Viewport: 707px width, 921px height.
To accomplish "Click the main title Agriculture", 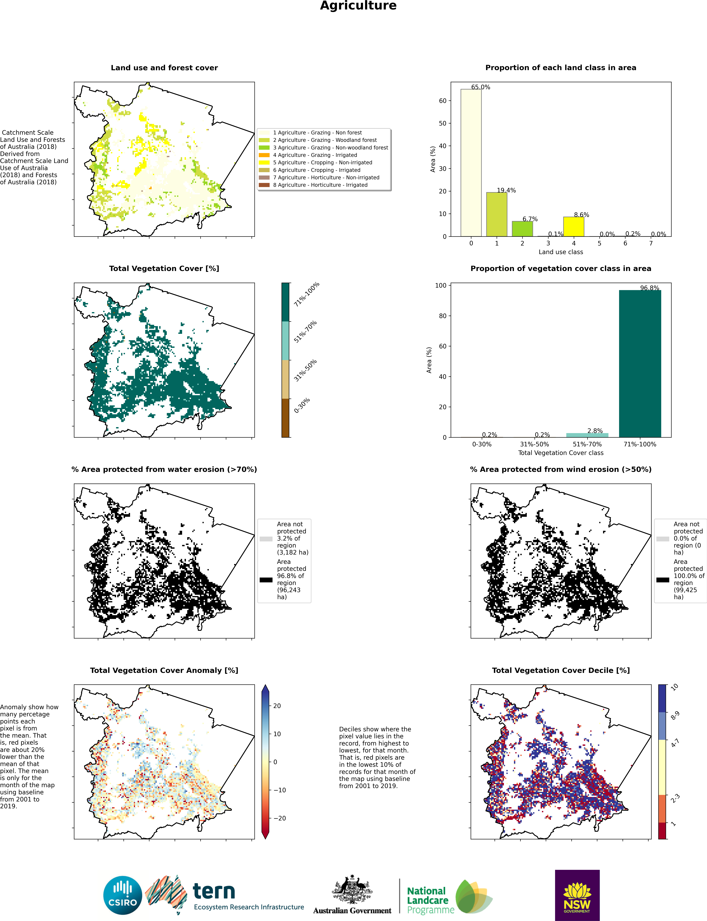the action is point(358,6).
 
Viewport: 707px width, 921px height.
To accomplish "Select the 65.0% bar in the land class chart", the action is point(471,163).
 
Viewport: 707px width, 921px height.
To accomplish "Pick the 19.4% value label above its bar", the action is point(506,190).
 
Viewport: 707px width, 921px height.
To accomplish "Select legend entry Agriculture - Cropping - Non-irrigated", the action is point(322,162).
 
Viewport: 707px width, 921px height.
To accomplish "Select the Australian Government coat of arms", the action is point(352,890).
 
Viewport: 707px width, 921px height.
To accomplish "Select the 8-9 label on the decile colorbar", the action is point(675,715).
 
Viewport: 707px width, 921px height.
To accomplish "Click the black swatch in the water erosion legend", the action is point(266,580).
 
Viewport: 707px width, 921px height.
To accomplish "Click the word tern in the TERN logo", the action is point(214,891).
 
